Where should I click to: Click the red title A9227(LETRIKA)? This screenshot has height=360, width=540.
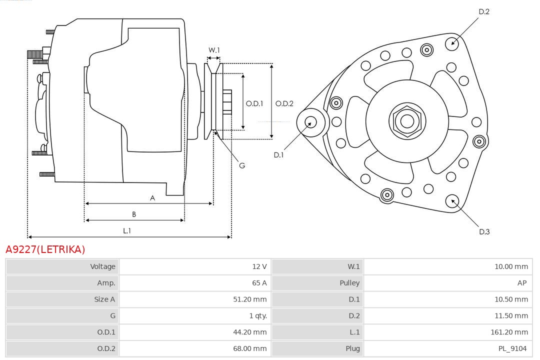(x=45, y=249)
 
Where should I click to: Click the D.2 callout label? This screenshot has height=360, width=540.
(x=484, y=11)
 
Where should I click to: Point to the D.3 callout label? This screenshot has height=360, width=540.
(x=484, y=231)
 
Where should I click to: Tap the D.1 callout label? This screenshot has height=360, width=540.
(x=278, y=155)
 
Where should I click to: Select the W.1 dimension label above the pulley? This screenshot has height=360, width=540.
(x=214, y=50)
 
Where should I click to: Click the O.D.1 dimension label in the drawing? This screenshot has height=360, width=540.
(x=254, y=104)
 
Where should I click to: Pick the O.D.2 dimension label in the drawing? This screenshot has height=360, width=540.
(x=284, y=104)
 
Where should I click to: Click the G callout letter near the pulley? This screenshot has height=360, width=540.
(x=242, y=165)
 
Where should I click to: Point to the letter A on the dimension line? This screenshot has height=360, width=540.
(x=152, y=198)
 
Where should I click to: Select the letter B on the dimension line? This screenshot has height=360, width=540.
(x=134, y=214)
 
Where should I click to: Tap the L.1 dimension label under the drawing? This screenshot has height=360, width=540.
(x=127, y=231)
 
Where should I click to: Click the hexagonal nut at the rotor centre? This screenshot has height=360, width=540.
(x=407, y=121)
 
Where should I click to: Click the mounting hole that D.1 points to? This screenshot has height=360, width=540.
(x=310, y=121)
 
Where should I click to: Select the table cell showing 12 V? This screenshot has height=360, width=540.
(x=259, y=266)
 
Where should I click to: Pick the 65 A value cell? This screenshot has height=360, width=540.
(x=259, y=283)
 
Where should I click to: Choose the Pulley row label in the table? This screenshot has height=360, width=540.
(x=349, y=283)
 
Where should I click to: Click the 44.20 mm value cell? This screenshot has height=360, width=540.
(x=253, y=332)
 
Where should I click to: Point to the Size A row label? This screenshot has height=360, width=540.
(x=104, y=299)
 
